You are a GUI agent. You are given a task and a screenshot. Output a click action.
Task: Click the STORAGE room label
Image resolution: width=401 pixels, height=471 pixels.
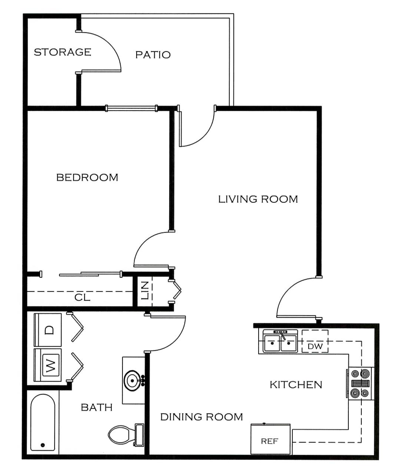[x=63, y=52]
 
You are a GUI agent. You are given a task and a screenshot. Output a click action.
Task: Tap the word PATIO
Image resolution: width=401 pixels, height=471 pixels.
[x=153, y=55]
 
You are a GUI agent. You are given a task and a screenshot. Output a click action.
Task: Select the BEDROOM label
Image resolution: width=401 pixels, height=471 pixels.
[x=87, y=178]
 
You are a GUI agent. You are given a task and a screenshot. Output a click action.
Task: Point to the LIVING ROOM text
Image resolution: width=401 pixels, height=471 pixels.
[x=258, y=199]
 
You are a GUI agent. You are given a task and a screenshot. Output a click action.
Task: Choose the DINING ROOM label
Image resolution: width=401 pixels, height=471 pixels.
[x=202, y=417]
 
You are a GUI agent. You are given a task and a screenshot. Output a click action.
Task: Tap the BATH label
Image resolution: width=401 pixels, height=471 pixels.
[x=97, y=407]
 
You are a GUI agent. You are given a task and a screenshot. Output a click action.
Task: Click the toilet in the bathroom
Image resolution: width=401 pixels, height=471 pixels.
[x=126, y=435]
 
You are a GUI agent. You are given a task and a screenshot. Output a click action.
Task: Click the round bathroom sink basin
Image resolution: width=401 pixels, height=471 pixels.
[x=132, y=381]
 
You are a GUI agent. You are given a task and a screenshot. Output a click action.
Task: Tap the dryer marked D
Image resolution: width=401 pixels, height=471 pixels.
[x=47, y=329]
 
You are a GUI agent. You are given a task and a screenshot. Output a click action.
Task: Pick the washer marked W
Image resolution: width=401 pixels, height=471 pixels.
[x=47, y=365]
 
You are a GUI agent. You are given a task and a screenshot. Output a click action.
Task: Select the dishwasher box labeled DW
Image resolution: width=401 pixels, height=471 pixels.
[x=315, y=341]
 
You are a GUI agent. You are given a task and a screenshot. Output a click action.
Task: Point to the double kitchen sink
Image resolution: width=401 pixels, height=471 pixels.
[x=280, y=341]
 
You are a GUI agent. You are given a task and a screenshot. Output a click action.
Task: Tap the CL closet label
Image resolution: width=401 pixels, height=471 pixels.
[x=82, y=298]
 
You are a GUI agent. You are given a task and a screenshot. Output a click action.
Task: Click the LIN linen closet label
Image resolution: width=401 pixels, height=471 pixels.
[x=145, y=290]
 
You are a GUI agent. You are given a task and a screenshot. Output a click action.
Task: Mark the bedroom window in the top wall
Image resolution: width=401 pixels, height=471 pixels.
[x=132, y=108]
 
